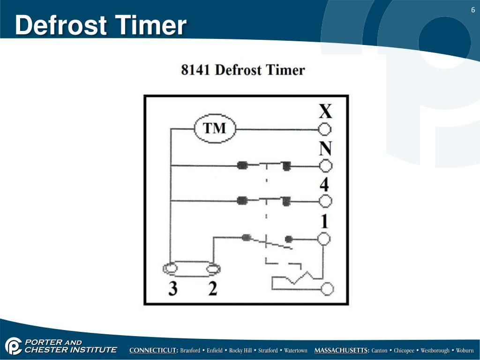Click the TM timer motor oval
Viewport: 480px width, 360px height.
click(x=215, y=128)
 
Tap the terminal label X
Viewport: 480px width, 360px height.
click(x=325, y=111)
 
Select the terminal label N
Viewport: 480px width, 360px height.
click(x=325, y=149)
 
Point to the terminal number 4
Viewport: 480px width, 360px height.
click(x=324, y=184)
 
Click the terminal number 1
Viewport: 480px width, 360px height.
click(x=324, y=221)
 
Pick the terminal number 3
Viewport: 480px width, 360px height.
click(x=173, y=288)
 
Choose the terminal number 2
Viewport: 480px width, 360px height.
click(x=213, y=288)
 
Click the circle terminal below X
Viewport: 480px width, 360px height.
click(x=325, y=129)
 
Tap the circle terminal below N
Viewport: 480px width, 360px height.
click(x=325, y=165)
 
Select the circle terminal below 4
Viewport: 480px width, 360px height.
click(x=325, y=201)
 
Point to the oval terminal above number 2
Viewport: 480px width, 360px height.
click(x=213, y=269)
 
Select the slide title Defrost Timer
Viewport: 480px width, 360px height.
click(x=100, y=25)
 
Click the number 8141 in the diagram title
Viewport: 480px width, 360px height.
click(x=196, y=70)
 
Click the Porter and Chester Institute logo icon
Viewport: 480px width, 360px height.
click(x=13, y=346)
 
